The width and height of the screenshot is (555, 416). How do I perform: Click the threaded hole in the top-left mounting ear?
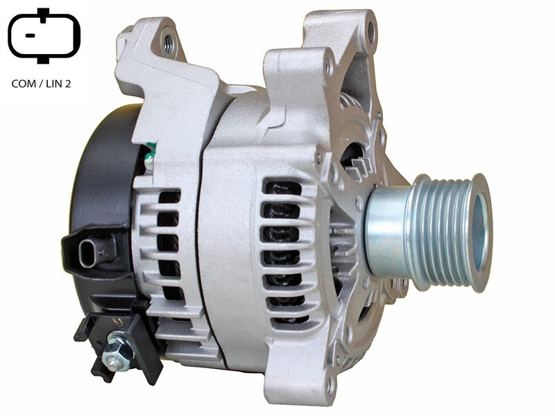click(169, 43)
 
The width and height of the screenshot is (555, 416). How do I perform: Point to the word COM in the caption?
click(24, 83)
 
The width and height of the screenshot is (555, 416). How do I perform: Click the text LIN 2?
click(58, 83)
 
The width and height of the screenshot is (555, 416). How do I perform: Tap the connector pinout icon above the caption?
click(44, 35)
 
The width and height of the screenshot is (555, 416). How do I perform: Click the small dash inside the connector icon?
click(31, 35)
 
